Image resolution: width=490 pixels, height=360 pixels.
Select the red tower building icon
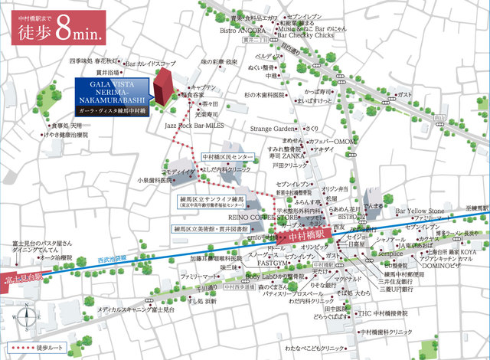coord(163,86)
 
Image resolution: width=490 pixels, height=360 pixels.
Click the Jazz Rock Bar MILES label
coord(194,123)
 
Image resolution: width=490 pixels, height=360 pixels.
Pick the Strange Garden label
coord(272,129)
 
